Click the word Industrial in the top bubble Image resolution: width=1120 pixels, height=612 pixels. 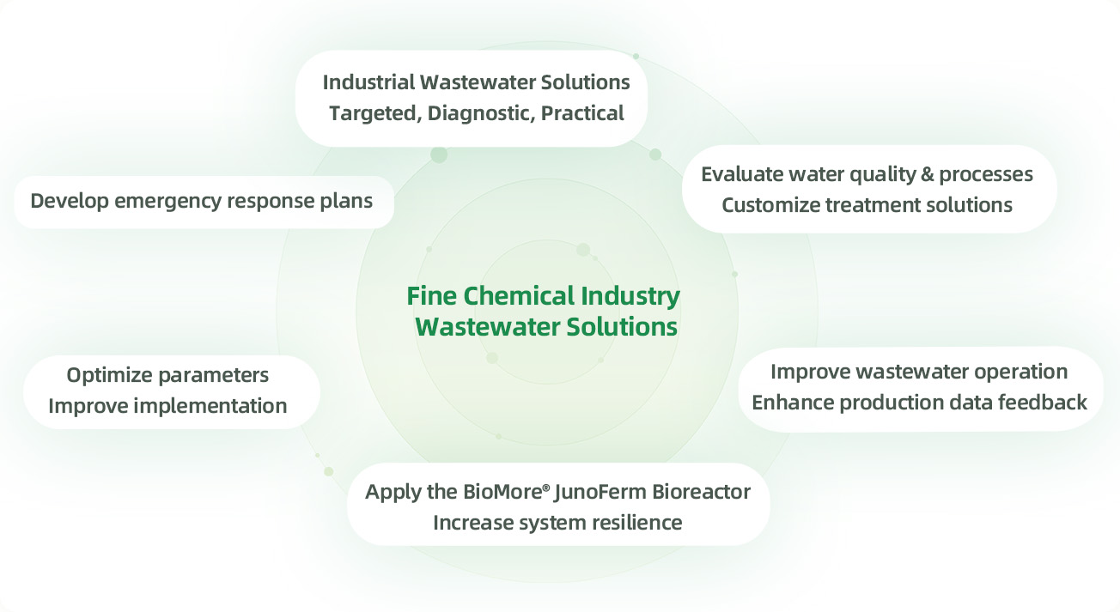coord(367,82)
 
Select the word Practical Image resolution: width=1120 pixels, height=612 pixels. coord(582,112)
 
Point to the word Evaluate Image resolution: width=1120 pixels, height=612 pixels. coord(740,174)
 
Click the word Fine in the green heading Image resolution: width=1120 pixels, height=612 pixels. coord(432,297)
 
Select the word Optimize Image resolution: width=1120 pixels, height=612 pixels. coord(111,375)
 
